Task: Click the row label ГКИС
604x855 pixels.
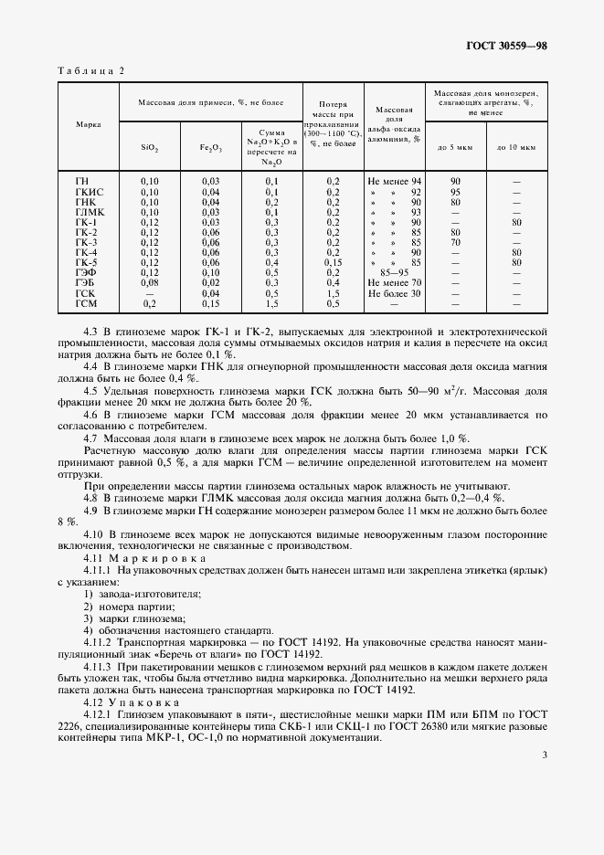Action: point(89,192)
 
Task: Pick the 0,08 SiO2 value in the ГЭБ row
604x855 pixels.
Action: point(150,282)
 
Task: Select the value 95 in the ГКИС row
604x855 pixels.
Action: point(455,192)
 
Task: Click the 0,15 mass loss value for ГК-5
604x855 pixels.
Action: point(333,262)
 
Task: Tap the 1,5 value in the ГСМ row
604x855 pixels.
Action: point(271,302)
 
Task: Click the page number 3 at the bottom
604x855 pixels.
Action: point(544,755)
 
